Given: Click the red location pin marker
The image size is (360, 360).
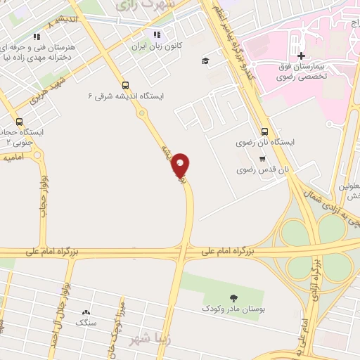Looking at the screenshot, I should point(181,165).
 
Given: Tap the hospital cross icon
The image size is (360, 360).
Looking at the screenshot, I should point(301,56).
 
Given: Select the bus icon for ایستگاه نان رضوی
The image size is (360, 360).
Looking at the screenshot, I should point(264,131).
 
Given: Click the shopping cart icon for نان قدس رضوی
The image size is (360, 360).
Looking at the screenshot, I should point(262,158).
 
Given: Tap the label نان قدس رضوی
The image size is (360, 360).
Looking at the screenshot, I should point(264,170).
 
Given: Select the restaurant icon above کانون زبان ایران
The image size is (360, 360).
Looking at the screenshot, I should point(157,34).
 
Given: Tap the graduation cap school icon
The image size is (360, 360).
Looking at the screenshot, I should point(205,60).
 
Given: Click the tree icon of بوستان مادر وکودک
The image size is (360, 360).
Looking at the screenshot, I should point(233,297).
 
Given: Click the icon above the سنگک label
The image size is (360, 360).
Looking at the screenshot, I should point(86,311).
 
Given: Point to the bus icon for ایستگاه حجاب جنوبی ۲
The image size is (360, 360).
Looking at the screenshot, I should point(19,121).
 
